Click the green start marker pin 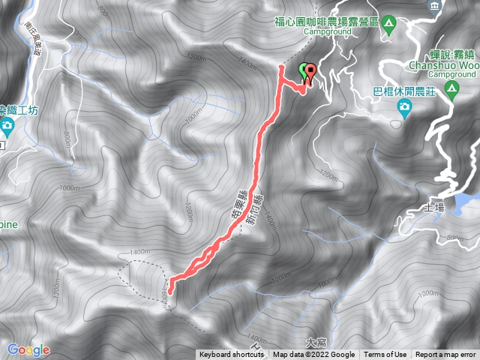(x=304, y=70)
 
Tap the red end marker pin (x=309, y=72)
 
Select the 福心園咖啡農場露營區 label (x=329, y=21)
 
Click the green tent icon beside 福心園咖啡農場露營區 (x=388, y=21)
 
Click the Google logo (x=28, y=349)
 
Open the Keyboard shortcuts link (x=231, y=355)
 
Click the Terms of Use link (x=385, y=355)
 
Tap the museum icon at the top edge (x=433, y=6)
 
